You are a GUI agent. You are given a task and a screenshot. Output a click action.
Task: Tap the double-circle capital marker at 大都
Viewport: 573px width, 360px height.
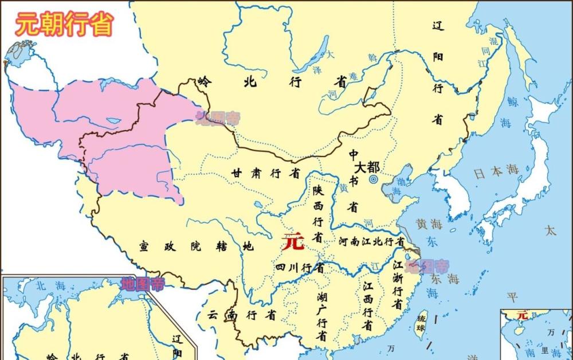click(374, 179)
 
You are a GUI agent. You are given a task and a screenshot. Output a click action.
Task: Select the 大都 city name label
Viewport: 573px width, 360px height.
click(367, 167)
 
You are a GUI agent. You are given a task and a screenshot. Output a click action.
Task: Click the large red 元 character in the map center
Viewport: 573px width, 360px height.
click(293, 242)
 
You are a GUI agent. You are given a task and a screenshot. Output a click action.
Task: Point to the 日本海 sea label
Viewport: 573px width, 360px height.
click(496, 170)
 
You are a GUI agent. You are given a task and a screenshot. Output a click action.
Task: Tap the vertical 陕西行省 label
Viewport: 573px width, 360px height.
click(317, 213)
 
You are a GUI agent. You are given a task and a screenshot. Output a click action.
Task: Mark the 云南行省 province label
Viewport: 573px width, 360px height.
click(241, 315)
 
